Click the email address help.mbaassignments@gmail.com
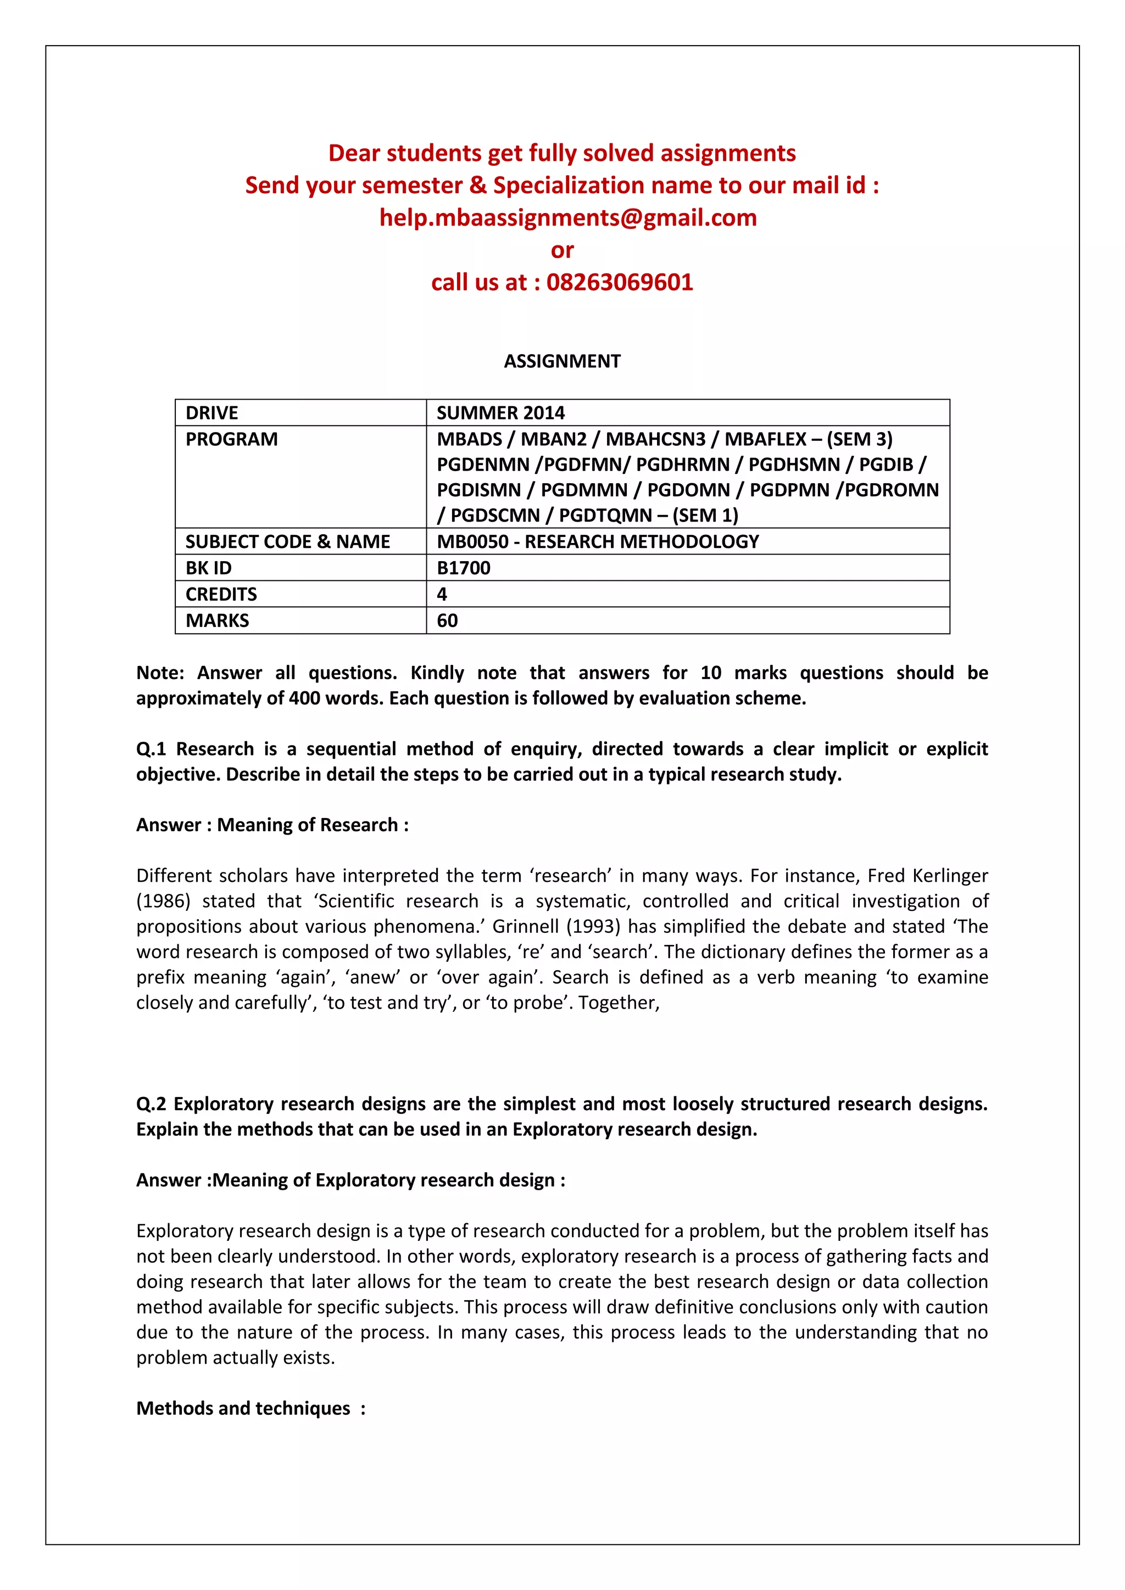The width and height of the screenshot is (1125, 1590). [x=567, y=217]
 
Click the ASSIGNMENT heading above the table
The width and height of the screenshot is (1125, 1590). [x=562, y=361]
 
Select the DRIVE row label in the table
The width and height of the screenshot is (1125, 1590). [x=211, y=413]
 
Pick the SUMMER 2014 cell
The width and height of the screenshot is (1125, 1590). [x=500, y=413]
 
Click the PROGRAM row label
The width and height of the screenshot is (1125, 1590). [x=231, y=439]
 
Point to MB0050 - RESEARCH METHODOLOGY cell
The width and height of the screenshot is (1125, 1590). [x=597, y=541]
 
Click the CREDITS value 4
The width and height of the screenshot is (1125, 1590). [x=442, y=594]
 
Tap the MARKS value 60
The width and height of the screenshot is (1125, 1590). [x=447, y=620]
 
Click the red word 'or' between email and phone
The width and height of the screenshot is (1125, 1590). [x=562, y=250]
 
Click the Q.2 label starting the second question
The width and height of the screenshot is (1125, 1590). [x=151, y=1104]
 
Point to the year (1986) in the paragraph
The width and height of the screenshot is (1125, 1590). [x=164, y=901]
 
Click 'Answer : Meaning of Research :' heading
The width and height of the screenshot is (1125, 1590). [x=272, y=825]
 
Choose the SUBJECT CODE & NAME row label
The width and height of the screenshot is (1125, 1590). [x=287, y=541]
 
